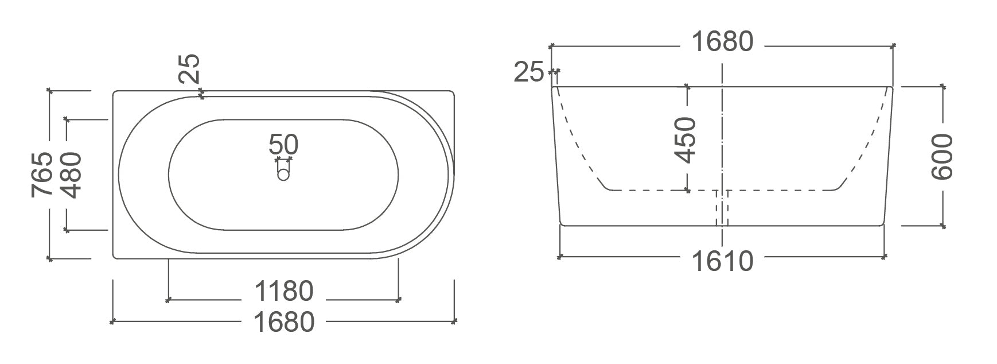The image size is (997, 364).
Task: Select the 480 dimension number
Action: point(72,175)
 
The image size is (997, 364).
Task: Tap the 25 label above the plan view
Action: point(189,68)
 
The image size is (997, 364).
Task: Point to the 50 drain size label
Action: point(283,144)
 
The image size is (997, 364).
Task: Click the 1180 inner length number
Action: point(284,291)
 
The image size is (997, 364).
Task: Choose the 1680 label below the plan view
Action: point(284,322)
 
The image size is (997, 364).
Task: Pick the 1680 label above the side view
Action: point(722,41)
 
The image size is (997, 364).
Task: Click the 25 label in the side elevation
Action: point(528,72)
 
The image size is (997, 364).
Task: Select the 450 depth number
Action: point(684,140)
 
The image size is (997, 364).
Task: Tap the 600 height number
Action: point(941,156)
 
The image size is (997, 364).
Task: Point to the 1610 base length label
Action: point(722,262)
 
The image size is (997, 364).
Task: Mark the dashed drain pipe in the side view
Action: point(722,207)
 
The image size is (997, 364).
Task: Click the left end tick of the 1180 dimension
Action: point(169,299)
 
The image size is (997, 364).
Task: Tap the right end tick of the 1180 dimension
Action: point(399,299)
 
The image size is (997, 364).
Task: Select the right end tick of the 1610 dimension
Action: point(885,257)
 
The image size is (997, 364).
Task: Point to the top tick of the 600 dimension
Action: point(942,87)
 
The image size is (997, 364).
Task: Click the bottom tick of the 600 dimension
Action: point(942,226)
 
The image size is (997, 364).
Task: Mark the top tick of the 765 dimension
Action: point(50,91)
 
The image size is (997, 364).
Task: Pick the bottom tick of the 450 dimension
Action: point(688,190)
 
